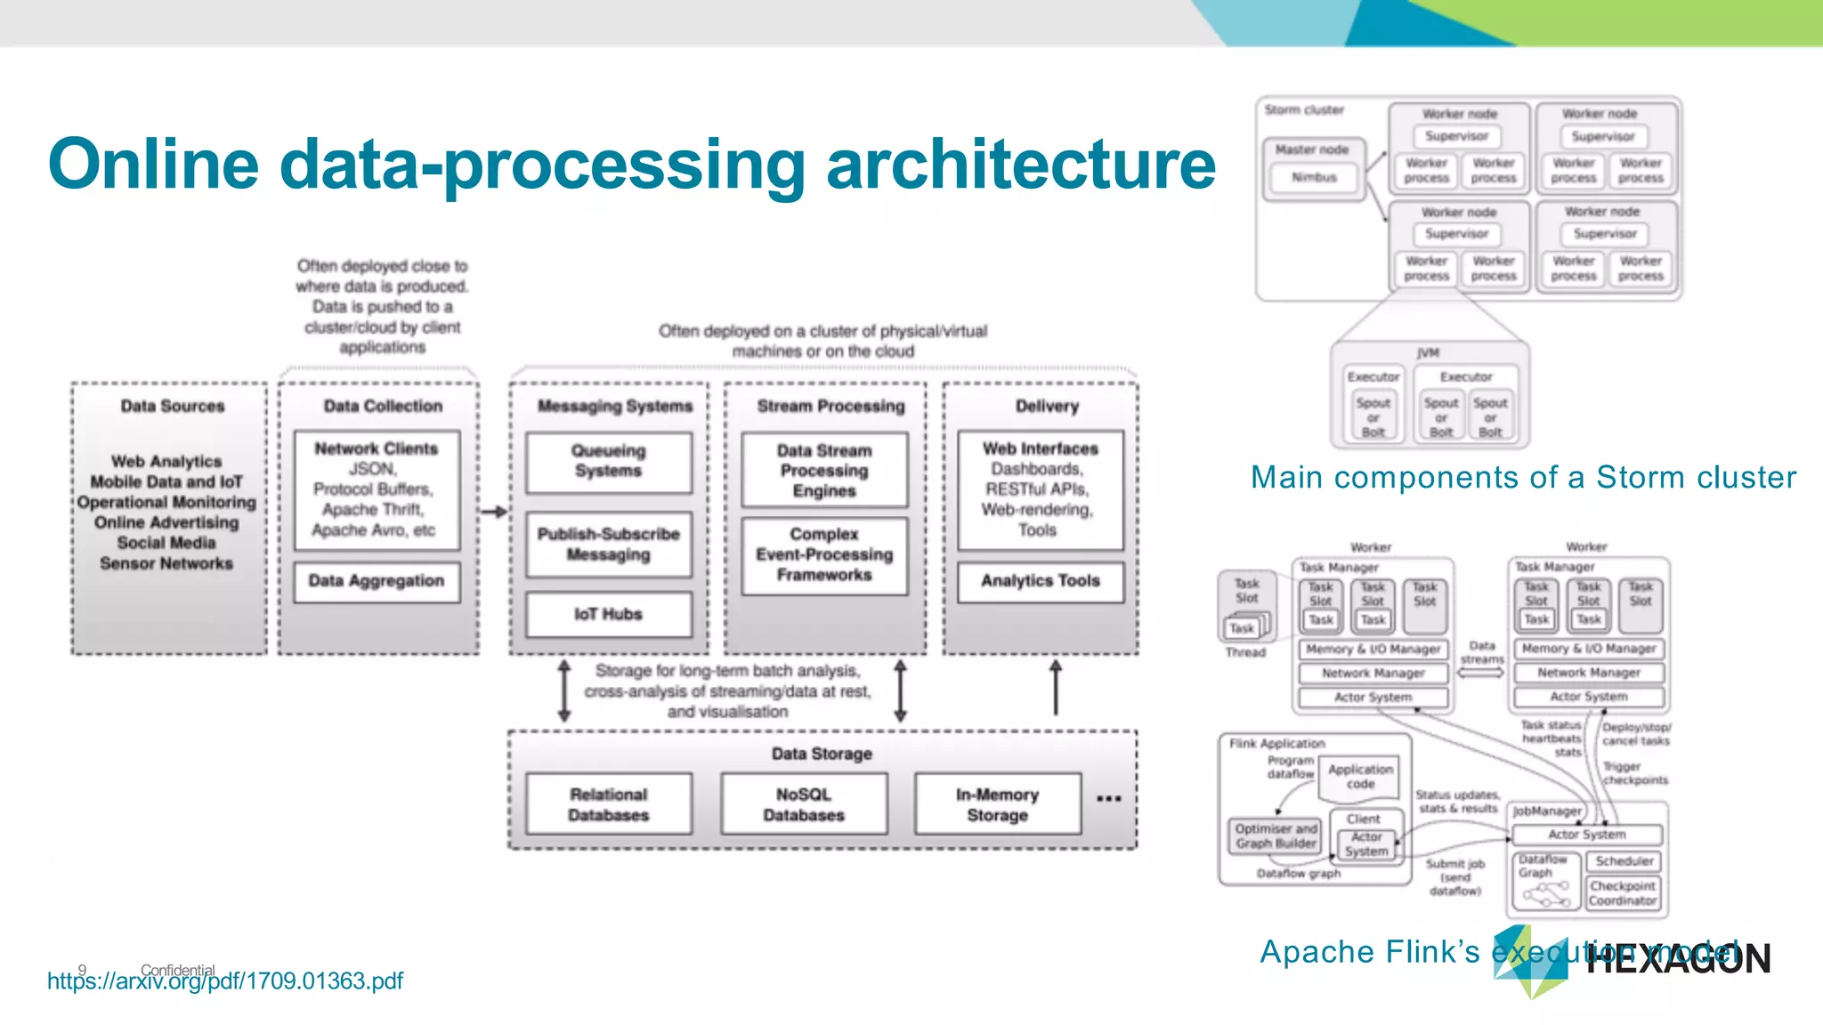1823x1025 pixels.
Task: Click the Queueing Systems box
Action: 608,462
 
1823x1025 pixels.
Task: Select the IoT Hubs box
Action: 608,614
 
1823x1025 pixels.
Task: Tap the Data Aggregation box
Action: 377,581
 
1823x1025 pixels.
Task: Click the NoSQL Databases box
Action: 804,804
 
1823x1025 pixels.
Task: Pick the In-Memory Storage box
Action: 997,804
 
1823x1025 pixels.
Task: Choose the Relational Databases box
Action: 609,804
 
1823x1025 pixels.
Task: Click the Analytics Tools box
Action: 1040,581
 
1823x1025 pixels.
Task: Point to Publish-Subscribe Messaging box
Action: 608,544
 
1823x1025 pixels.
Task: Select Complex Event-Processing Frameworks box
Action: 824,554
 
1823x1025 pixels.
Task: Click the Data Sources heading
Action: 173,406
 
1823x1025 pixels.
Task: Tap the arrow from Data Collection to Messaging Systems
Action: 494,512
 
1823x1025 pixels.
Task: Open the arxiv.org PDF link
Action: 224,981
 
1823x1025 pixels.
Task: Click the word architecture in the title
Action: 1020,165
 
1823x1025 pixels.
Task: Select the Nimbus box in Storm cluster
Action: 1314,178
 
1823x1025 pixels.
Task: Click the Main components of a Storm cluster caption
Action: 1523,478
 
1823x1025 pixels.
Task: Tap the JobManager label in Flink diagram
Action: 1547,811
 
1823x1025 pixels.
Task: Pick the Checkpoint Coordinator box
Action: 1622,893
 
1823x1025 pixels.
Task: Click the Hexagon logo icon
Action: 1530,962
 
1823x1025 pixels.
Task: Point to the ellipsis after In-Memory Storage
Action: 1108,798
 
